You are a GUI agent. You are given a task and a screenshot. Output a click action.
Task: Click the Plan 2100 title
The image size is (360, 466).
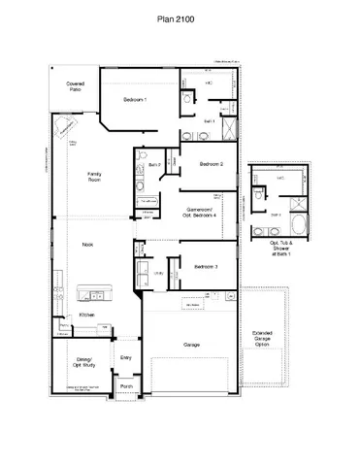[x=180, y=18]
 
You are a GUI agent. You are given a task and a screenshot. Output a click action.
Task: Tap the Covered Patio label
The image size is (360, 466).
[x=75, y=87]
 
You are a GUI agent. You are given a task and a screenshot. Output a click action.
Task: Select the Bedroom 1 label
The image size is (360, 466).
[x=135, y=101]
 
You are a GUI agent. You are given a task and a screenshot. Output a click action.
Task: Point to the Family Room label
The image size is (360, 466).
[x=95, y=177]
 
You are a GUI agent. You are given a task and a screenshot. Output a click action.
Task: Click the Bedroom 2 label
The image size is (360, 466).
[x=212, y=164]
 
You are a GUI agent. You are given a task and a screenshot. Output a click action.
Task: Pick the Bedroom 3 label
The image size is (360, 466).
[x=205, y=266]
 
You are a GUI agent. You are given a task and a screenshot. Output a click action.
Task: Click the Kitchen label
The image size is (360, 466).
[x=86, y=316]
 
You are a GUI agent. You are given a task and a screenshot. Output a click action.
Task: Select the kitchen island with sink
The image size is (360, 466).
[x=94, y=292]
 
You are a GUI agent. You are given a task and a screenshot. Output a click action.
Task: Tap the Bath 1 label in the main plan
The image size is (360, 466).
[x=208, y=120]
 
